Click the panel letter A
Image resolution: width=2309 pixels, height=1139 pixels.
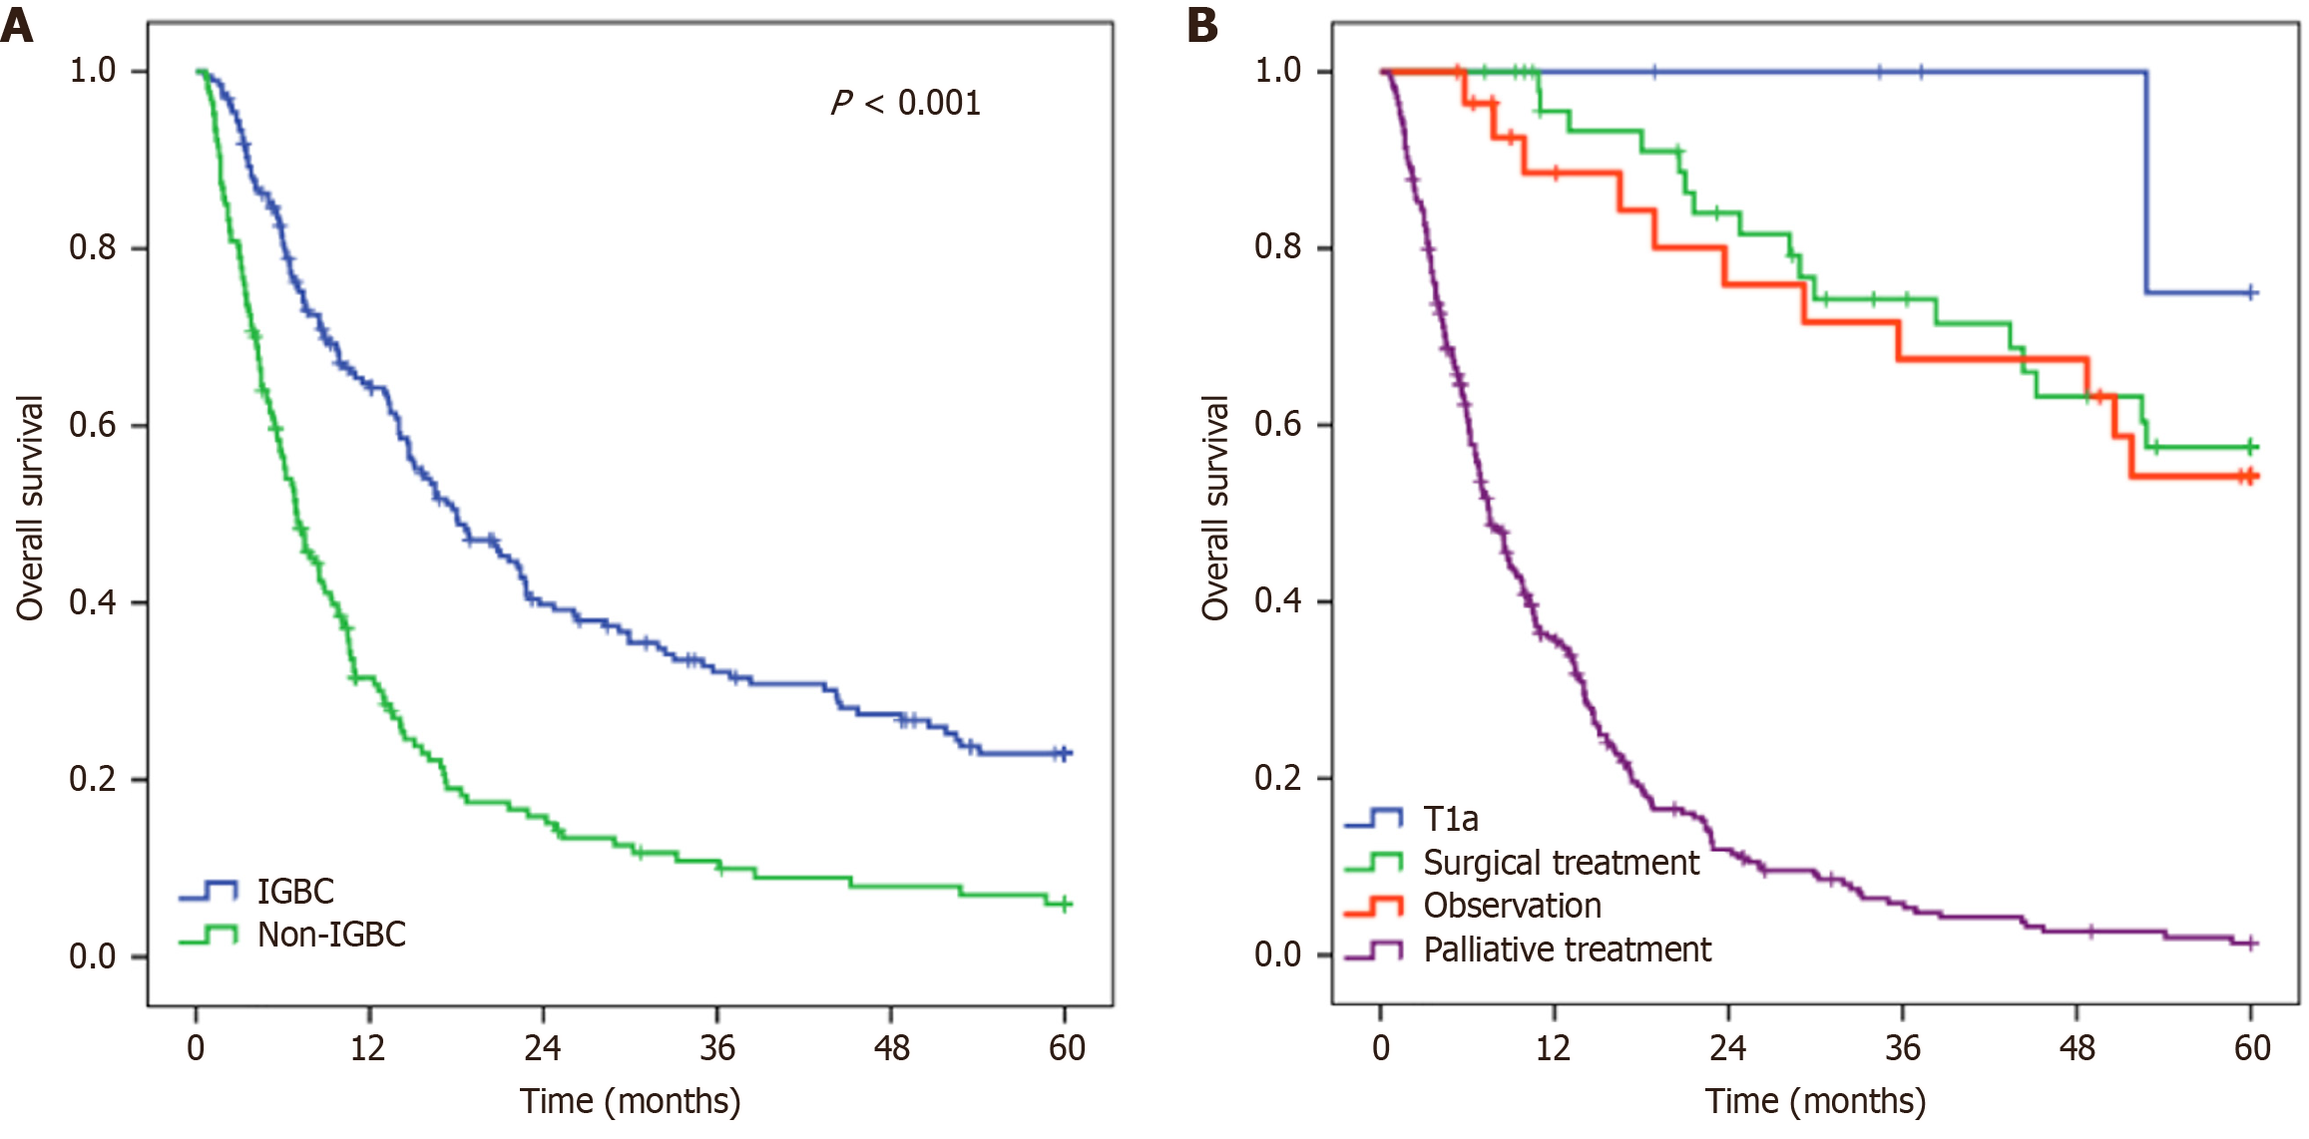[17, 25]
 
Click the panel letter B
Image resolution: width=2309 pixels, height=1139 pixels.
[1202, 25]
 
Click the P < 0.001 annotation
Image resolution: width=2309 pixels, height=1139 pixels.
[906, 103]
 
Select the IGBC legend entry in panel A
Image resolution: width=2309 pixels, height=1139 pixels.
[295, 891]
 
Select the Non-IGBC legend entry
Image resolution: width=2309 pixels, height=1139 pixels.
[331, 935]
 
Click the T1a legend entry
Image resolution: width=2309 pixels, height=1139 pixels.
[1450, 819]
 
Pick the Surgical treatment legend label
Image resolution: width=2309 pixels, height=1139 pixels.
[1561, 862]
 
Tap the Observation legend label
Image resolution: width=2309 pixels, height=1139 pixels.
[1512, 906]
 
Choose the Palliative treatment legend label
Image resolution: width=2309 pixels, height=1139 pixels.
[1567, 949]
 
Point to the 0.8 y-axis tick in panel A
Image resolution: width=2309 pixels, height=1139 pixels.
[93, 247]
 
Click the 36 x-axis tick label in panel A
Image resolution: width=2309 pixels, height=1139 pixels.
[717, 1047]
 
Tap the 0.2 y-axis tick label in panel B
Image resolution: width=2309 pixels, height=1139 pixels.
[1278, 778]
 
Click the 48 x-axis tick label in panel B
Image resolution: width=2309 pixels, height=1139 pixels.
[2078, 1047]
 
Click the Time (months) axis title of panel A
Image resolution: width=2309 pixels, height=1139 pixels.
[631, 1101]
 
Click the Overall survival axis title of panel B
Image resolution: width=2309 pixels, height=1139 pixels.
[1215, 509]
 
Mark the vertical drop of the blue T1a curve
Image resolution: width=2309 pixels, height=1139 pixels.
[2146, 182]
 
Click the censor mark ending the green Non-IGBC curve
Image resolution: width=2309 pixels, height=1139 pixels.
[1065, 904]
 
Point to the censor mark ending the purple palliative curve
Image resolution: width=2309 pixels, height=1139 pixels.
[2251, 943]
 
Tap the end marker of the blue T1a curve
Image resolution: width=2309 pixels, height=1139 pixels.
[2251, 292]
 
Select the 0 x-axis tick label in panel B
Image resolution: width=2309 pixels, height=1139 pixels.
[1381, 1047]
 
